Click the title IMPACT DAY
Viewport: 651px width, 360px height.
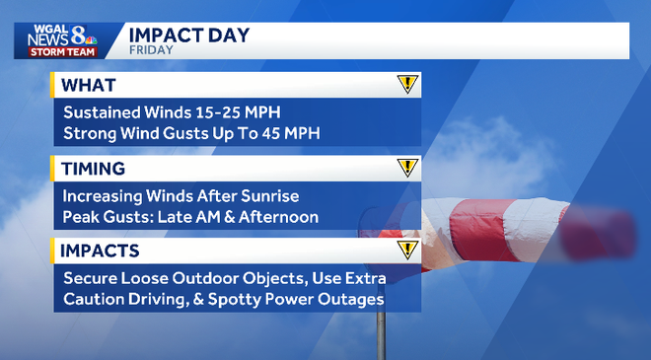pos(188,36)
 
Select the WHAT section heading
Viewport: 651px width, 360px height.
pos(89,84)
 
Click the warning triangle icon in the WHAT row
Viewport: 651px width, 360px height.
pos(407,84)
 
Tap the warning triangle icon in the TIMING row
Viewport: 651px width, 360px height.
pos(407,167)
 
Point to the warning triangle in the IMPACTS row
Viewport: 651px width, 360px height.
pos(407,250)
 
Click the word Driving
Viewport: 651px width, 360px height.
pos(162,299)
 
